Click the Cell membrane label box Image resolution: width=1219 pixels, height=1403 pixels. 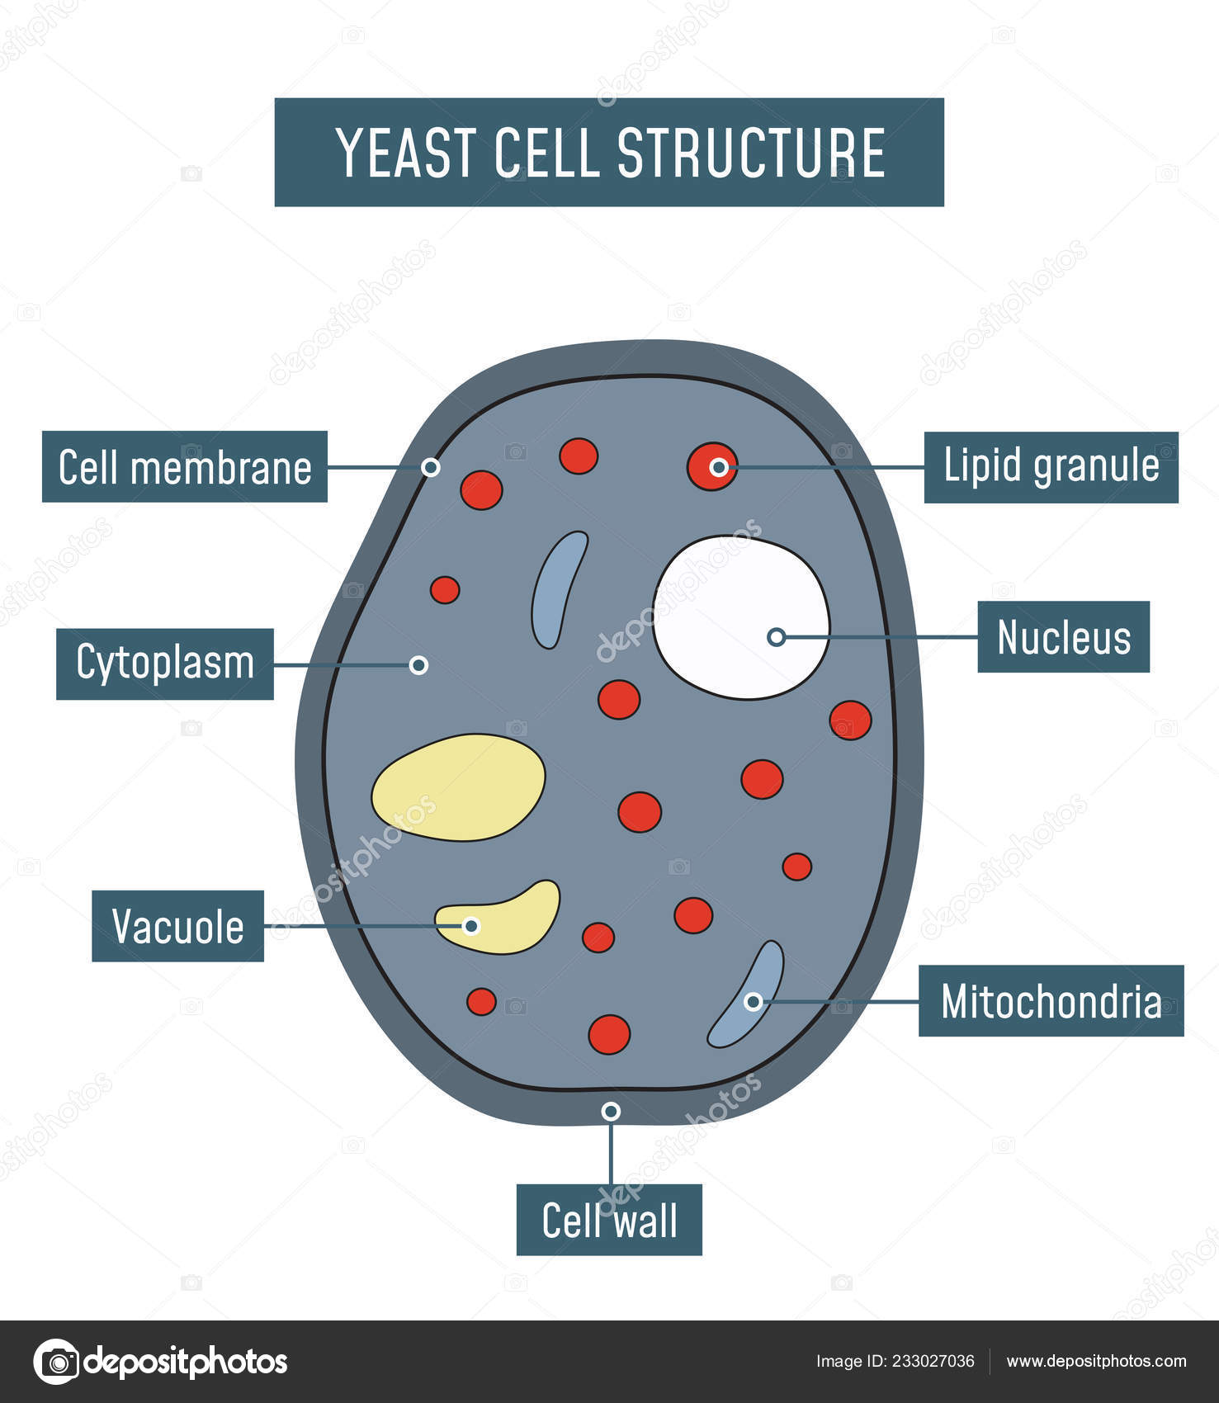tap(185, 467)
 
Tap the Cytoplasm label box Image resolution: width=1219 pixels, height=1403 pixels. tap(165, 664)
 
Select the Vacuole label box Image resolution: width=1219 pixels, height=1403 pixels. tap(177, 926)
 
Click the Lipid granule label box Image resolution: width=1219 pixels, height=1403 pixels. tap(1051, 467)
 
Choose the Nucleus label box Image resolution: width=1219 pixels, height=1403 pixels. tap(1063, 637)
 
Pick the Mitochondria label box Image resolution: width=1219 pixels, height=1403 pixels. tap(1051, 1001)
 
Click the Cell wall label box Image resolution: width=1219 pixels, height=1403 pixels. tap(609, 1220)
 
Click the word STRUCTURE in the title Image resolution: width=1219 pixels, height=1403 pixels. tap(751, 154)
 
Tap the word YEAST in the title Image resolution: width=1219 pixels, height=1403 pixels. tap(406, 154)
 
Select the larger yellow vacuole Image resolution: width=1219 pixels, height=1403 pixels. tap(458, 787)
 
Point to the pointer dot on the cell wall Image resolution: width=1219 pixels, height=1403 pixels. tap(611, 1112)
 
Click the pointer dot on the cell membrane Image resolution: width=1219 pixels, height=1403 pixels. tap(430, 467)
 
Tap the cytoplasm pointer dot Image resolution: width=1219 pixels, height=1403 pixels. tap(418, 665)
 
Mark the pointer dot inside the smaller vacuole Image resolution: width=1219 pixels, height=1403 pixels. tap(471, 926)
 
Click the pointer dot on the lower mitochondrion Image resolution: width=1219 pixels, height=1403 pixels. tap(753, 1002)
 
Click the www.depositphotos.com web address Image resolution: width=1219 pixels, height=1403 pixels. tap(1096, 1362)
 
